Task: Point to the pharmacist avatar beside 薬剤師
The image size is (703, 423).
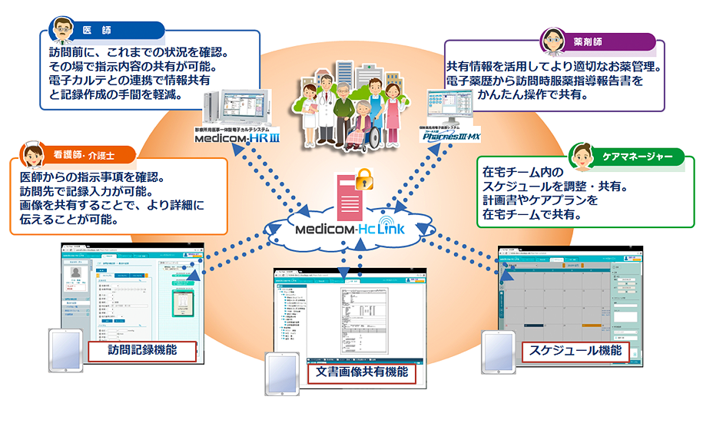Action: tap(552, 41)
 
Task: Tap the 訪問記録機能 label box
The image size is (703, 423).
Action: tap(142, 350)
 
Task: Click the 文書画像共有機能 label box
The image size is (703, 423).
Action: tap(361, 372)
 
